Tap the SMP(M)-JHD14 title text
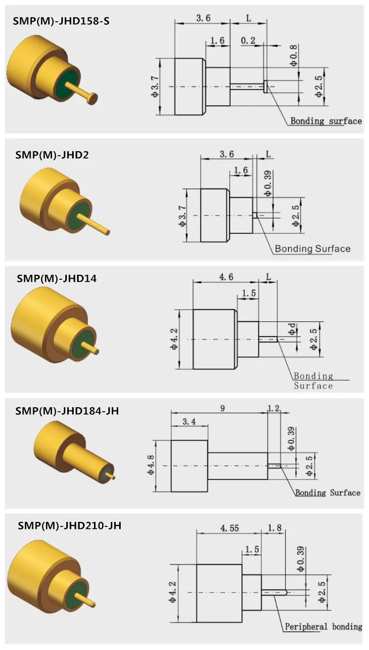(56, 278)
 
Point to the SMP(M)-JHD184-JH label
(67, 411)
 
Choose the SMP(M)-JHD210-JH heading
(69, 525)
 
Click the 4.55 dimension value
(228, 528)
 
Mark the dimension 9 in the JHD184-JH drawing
(223, 408)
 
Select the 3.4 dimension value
(188, 421)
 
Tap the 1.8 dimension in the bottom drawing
(275, 528)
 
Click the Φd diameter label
(293, 330)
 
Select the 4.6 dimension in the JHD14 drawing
(226, 277)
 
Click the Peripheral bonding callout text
(323, 627)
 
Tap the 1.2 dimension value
(274, 408)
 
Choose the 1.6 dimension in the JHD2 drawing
(240, 170)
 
